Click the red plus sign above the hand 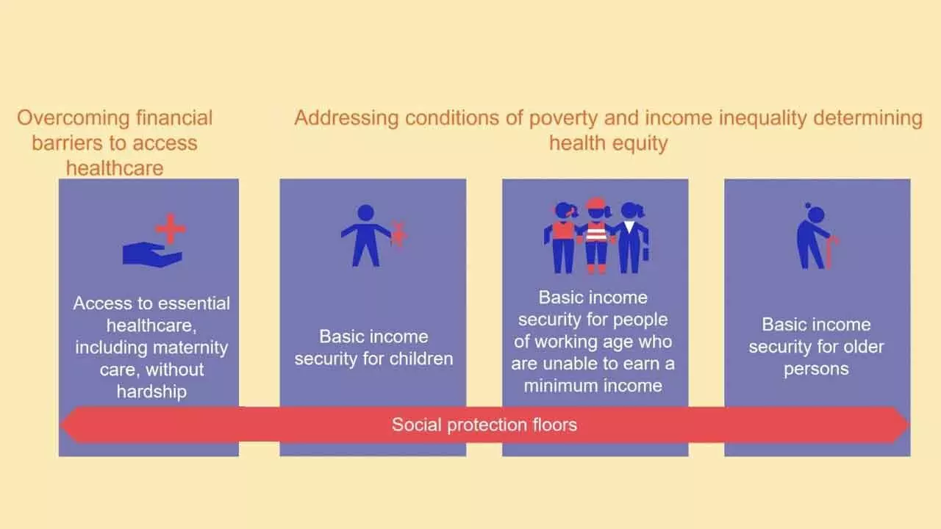(x=171, y=229)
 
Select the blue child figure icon (x=365, y=235)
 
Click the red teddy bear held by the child (x=398, y=234)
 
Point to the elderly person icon (x=813, y=237)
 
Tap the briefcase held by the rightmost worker (x=645, y=253)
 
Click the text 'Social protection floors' (x=484, y=425)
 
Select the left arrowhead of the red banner (x=71, y=425)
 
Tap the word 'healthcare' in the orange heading (x=115, y=168)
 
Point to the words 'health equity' (x=608, y=143)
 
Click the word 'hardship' (x=151, y=392)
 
